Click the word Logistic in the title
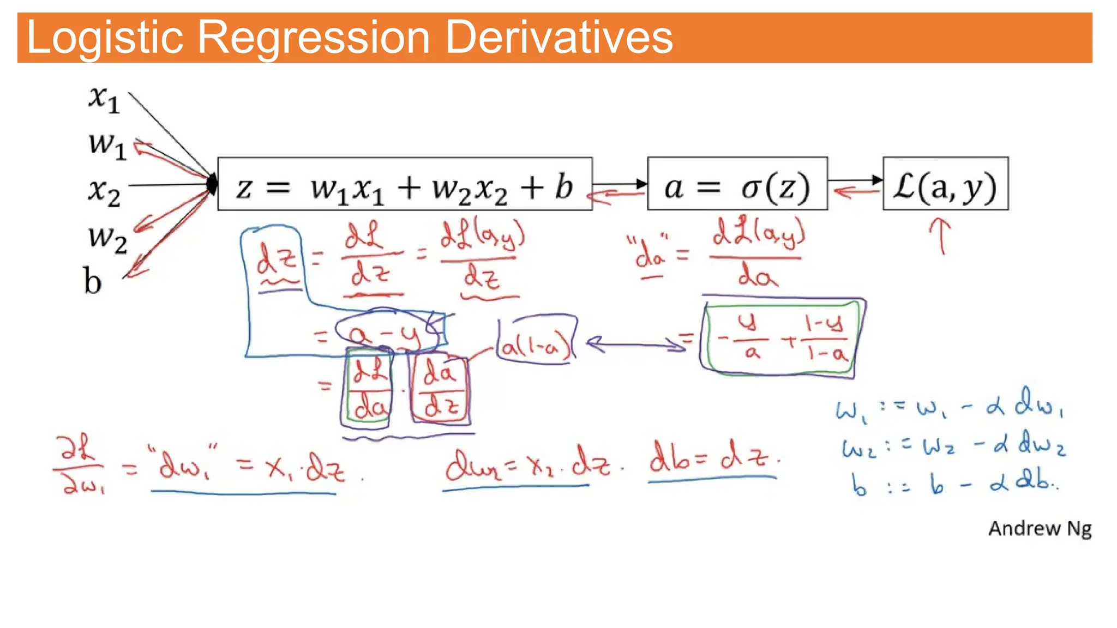[x=104, y=38]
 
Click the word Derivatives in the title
[x=559, y=38]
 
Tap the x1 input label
[x=104, y=100]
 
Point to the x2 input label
[x=104, y=192]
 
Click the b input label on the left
[x=93, y=281]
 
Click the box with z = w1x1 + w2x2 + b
[x=405, y=184]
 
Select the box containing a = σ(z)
[x=737, y=184]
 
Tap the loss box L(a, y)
[x=945, y=184]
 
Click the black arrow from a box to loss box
[x=855, y=179]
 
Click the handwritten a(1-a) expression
[x=536, y=345]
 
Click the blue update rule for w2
[x=952, y=446]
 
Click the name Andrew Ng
[x=1040, y=528]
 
